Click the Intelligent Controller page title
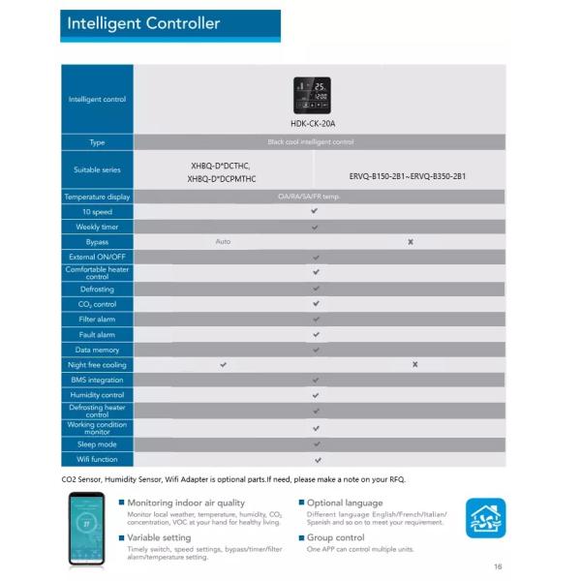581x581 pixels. coord(143,23)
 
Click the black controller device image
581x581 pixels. coord(312,96)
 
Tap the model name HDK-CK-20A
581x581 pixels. coord(312,124)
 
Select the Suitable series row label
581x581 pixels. coord(97,169)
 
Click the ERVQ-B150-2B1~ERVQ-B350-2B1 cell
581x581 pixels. coord(407,176)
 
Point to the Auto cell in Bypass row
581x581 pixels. coord(223,241)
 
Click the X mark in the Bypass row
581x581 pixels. coord(411,241)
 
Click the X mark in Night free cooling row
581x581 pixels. coord(414,364)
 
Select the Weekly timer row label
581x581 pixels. coord(97,227)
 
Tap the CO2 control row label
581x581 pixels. coord(97,304)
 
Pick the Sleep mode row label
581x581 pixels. coord(97,443)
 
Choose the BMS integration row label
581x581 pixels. coord(97,380)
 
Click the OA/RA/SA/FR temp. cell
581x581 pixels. coord(316,197)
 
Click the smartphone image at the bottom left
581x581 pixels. coord(85,530)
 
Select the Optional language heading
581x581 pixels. coord(345,504)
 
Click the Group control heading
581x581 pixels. coord(335,537)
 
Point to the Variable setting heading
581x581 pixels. coord(159,537)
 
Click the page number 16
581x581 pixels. coord(498,567)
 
